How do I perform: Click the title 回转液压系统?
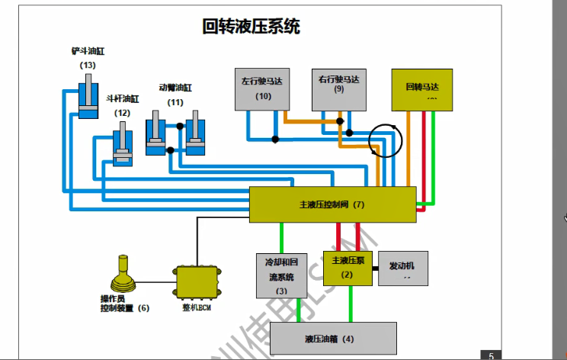[x=251, y=27]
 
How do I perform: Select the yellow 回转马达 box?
[x=421, y=90]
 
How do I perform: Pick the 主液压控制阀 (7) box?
[x=333, y=204]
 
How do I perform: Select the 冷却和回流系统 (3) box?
[x=279, y=275]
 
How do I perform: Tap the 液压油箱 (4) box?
[x=334, y=338]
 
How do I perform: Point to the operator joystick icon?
[x=125, y=275]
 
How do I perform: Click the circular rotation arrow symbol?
[x=383, y=140]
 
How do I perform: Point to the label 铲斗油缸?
[x=88, y=52]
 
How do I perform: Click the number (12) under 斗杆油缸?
[x=122, y=113]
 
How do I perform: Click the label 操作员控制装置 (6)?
[x=124, y=304]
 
